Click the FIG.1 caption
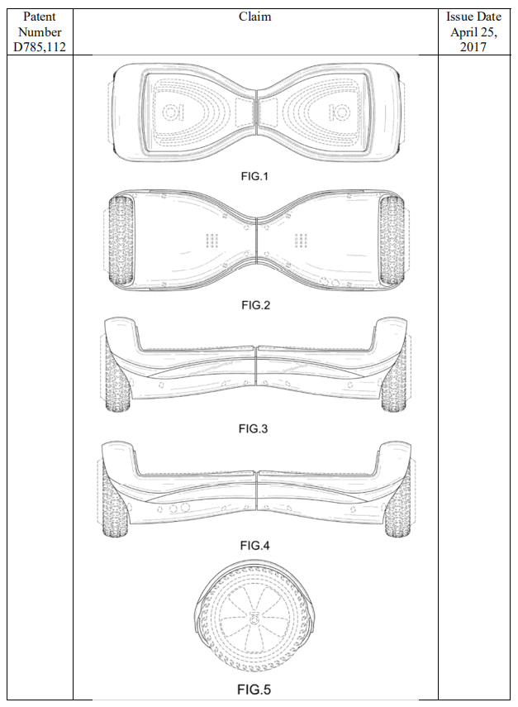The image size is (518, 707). click(254, 176)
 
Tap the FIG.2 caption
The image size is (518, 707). click(255, 305)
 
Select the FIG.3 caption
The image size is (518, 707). click(253, 429)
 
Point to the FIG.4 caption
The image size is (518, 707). click(254, 546)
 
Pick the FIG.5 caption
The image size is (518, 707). click(254, 690)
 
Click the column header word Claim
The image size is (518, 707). click(255, 17)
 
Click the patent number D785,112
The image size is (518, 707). click(40, 47)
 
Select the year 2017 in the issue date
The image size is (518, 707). click(473, 47)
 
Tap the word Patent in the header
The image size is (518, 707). click(40, 17)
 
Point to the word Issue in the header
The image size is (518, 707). click(459, 17)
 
